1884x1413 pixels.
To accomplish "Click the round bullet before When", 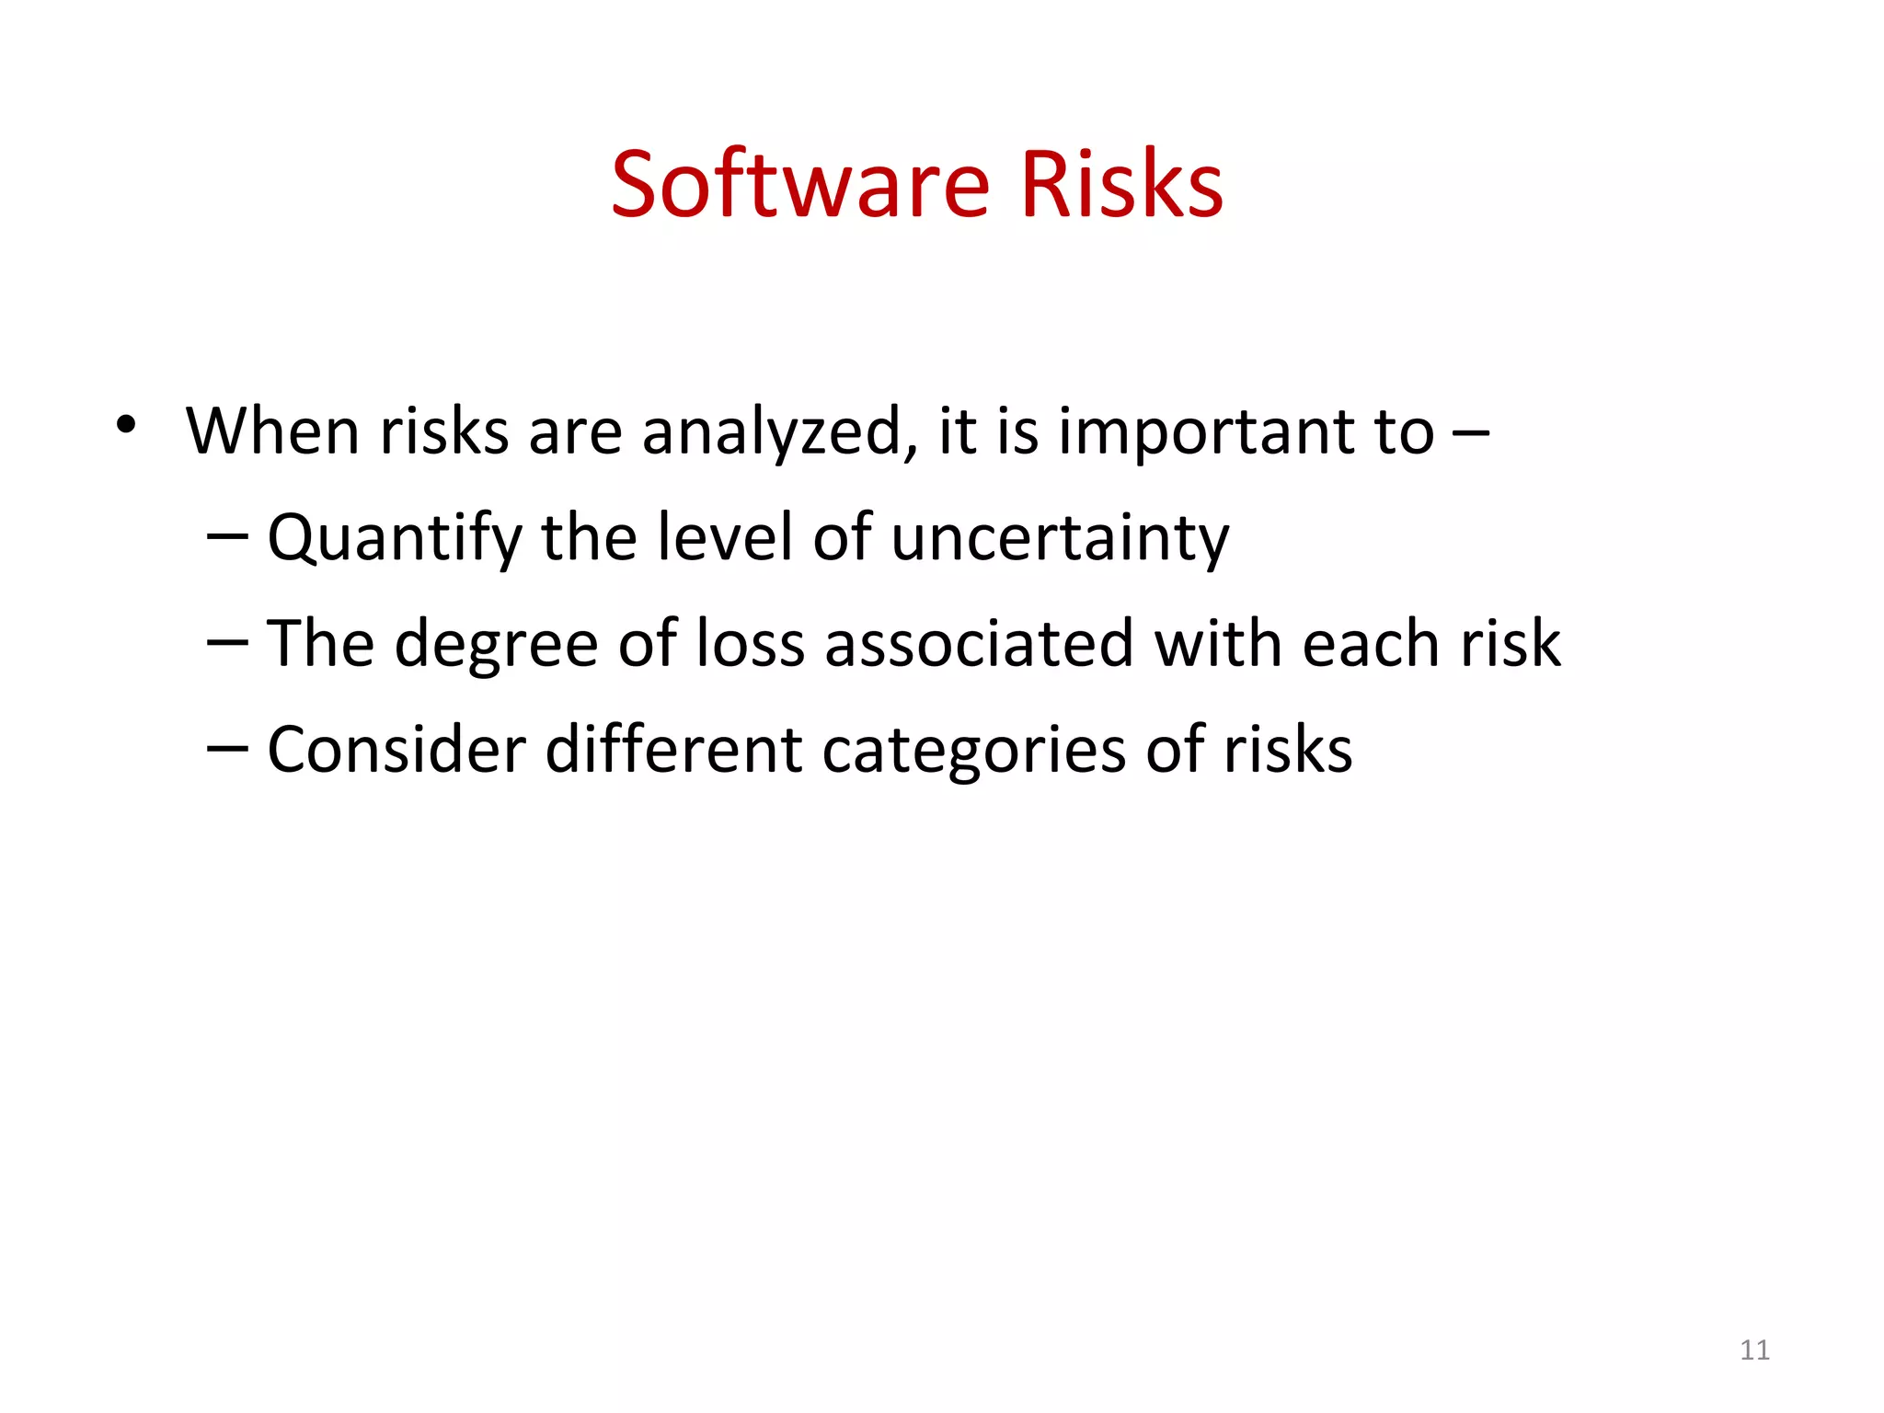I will tap(126, 425).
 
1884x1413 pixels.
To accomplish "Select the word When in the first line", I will tap(271, 431).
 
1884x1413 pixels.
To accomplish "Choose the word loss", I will tap(751, 643).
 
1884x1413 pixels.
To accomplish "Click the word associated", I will tap(979, 643).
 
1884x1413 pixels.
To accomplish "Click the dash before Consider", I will tap(227, 747).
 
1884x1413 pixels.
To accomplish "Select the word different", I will tap(674, 749).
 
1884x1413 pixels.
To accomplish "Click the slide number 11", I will tap(1754, 1350).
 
